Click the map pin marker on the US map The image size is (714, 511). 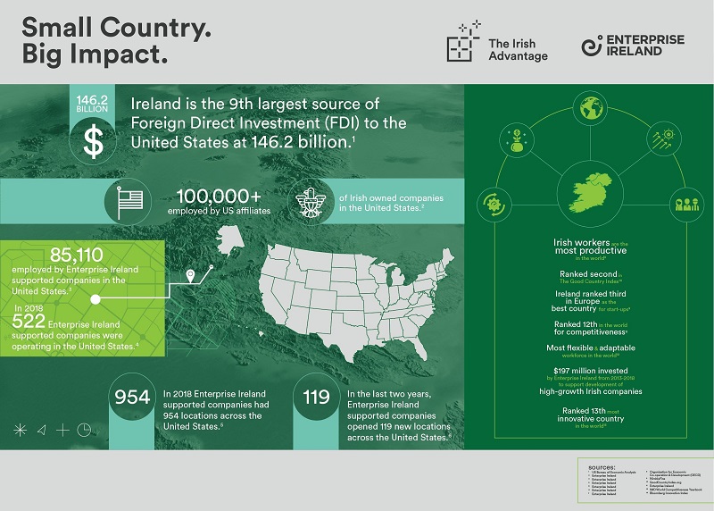(189, 275)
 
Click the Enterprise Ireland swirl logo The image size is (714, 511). (590, 47)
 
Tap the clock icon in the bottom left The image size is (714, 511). (84, 429)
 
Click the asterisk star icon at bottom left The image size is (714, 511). (20, 430)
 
